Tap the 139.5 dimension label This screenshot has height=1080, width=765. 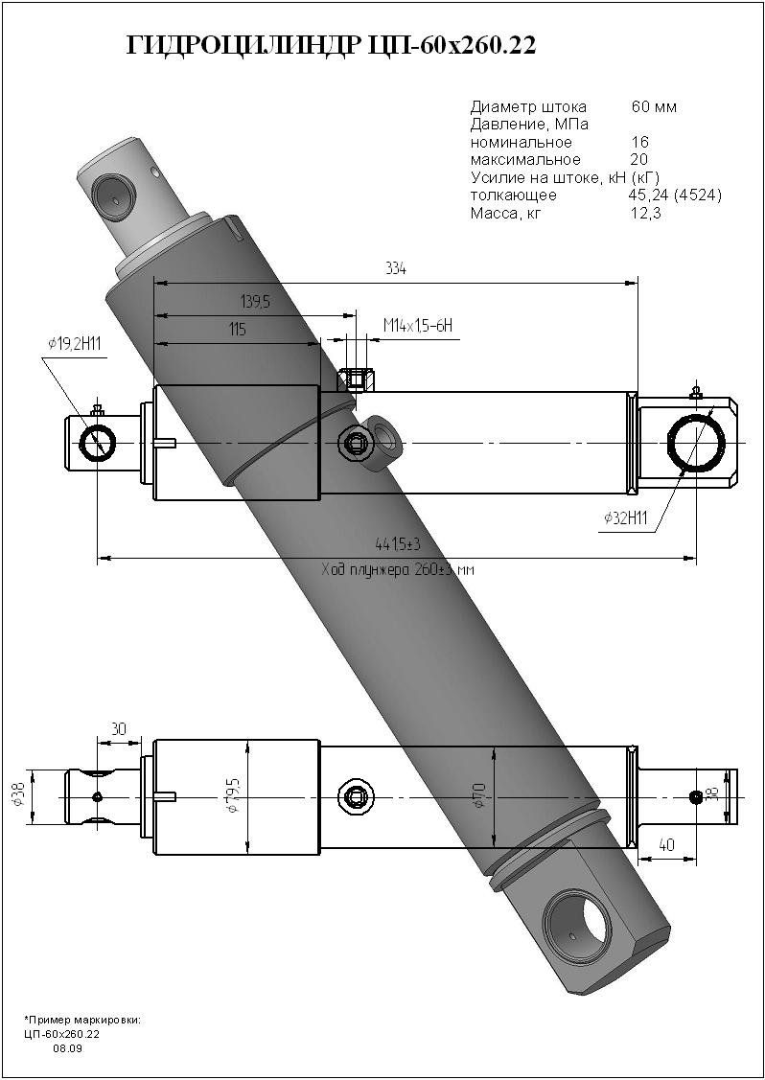pyautogui.click(x=254, y=302)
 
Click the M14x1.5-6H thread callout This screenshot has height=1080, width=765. pyautogui.click(x=417, y=327)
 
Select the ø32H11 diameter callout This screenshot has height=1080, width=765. pyautogui.click(x=626, y=518)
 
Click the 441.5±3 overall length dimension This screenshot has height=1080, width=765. pyautogui.click(x=399, y=544)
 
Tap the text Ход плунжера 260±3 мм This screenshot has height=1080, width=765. pyautogui.click(x=399, y=569)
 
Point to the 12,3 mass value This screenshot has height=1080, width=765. pyautogui.click(x=646, y=213)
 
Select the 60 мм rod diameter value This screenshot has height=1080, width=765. pyautogui.click(x=654, y=106)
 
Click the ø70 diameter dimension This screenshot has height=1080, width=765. pyautogui.click(x=478, y=795)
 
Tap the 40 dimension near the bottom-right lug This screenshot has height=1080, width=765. pyautogui.click(x=667, y=845)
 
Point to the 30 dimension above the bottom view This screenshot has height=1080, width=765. pyautogui.click(x=119, y=729)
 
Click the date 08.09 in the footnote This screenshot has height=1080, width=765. pyautogui.click(x=67, y=1049)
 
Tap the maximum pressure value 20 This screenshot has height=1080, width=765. pyautogui.click(x=639, y=159)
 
